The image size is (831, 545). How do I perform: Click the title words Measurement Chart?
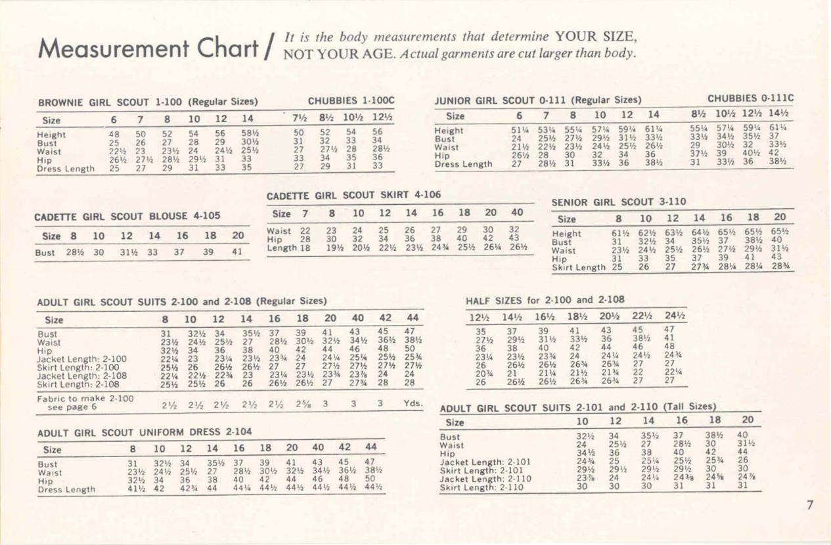(148, 47)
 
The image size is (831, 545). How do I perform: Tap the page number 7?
(810, 504)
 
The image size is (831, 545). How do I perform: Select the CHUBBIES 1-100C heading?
(351, 101)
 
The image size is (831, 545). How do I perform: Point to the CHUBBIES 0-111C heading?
(750, 98)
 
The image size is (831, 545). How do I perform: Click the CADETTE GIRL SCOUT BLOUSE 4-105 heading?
(127, 215)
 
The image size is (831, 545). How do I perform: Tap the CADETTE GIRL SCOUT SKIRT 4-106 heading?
(353, 195)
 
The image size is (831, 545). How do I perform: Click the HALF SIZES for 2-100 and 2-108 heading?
(545, 301)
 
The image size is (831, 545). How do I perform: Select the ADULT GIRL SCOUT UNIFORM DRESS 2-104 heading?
(145, 433)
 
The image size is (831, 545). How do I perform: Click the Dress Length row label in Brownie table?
(66, 169)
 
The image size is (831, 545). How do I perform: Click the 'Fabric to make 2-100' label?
(85, 399)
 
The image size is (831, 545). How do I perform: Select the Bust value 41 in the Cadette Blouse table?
(238, 251)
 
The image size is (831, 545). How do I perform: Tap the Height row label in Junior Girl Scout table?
(449, 131)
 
